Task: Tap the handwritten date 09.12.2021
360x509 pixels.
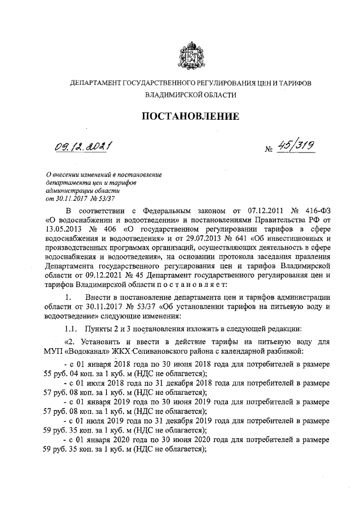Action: [82, 148]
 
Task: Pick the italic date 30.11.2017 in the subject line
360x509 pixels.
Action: [64, 199]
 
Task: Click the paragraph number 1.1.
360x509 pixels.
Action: [72, 328]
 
